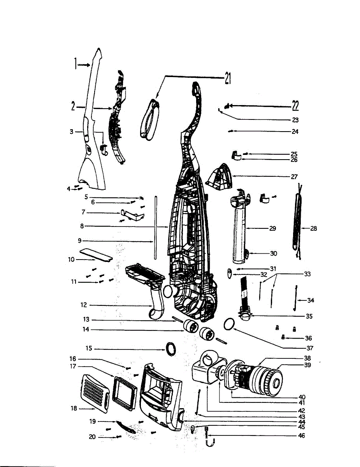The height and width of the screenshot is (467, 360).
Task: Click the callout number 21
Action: click(227, 79)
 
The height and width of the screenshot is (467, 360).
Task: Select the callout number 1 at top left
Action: click(76, 64)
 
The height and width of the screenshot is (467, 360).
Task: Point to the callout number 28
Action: click(313, 228)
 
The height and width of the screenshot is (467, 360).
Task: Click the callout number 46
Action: click(301, 436)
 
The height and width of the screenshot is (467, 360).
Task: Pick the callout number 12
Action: click(84, 305)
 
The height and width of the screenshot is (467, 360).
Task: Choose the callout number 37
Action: click(309, 348)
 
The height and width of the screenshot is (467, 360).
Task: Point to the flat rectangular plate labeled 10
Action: click(96, 255)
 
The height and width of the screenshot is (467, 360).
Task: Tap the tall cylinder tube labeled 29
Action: click(239, 230)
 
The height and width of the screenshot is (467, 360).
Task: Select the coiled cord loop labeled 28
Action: click(299, 222)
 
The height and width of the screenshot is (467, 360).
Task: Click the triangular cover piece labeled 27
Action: click(218, 178)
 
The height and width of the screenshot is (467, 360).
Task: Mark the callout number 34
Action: click(310, 300)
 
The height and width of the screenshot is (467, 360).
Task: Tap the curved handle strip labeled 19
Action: click(125, 427)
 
